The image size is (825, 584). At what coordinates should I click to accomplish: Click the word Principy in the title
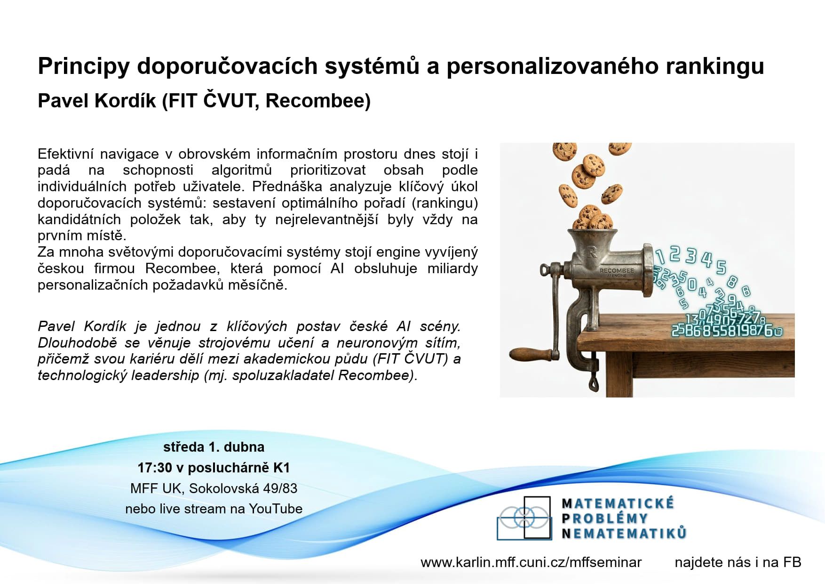pyautogui.click(x=84, y=66)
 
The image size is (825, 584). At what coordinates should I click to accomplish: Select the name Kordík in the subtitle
pyautogui.click(x=126, y=101)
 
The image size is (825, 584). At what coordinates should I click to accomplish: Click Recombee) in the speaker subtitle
pyautogui.click(x=318, y=101)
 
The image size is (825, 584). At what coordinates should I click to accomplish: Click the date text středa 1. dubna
pyautogui.click(x=214, y=447)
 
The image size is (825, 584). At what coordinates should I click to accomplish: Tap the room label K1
pyautogui.click(x=281, y=468)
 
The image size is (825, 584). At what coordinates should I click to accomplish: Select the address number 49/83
pyautogui.click(x=280, y=488)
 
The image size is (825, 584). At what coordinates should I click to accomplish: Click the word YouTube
pyautogui.click(x=276, y=509)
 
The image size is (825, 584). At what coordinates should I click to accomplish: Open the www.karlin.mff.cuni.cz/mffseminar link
pyautogui.click(x=531, y=562)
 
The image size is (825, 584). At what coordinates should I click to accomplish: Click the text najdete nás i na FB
pyautogui.click(x=738, y=562)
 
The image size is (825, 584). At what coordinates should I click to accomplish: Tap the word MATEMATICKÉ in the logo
pyautogui.click(x=618, y=503)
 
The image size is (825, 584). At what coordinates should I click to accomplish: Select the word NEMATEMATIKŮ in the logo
pyautogui.click(x=624, y=533)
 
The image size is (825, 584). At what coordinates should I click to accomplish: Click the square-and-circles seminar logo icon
pyautogui.click(x=524, y=518)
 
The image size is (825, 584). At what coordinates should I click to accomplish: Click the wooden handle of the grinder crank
pyautogui.click(x=531, y=353)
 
